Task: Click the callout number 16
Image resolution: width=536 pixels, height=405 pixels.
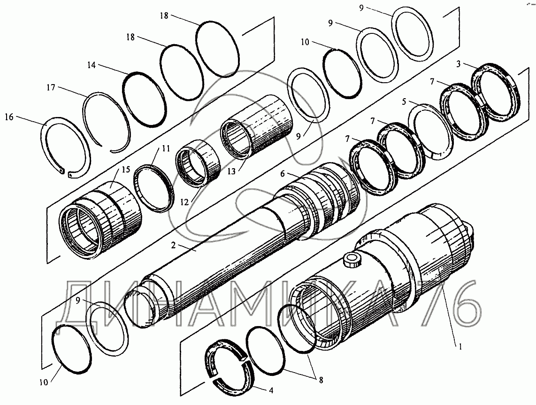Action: click(x=9, y=117)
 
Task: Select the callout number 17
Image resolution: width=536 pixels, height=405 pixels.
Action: click(x=51, y=88)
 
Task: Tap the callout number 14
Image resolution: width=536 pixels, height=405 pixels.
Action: click(x=91, y=65)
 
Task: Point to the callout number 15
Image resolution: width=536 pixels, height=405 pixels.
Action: click(x=126, y=170)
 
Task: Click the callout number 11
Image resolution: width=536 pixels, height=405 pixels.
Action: click(x=166, y=148)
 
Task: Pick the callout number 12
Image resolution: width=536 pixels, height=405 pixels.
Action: click(x=184, y=202)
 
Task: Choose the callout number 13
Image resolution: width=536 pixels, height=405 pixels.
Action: click(x=232, y=171)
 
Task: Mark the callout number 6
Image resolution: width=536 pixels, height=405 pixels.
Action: click(x=283, y=174)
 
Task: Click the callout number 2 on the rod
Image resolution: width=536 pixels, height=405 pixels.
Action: click(x=173, y=245)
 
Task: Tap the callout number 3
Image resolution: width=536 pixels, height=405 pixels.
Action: click(x=459, y=63)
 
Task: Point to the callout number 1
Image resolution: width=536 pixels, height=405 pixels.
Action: click(x=460, y=347)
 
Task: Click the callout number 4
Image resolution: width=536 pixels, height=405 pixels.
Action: click(x=271, y=390)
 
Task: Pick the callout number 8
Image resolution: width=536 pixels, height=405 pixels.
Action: click(x=321, y=380)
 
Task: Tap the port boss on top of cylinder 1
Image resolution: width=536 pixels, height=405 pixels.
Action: click(x=352, y=260)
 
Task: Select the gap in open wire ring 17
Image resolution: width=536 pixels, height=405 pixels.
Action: click(x=107, y=148)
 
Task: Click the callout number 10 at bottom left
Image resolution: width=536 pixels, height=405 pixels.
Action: click(x=44, y=382)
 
